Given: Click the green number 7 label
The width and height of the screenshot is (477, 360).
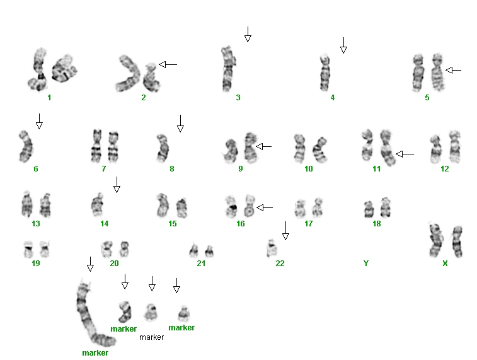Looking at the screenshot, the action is point(104,169).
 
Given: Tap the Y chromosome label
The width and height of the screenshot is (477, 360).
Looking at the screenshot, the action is point(366,264).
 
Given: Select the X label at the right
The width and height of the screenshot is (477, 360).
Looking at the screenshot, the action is point(445,264).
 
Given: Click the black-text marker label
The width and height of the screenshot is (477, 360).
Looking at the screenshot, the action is point(151,337).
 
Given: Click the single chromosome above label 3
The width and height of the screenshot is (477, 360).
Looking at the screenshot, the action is point(228,69).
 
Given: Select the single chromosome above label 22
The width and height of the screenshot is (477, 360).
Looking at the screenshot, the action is point(272,248).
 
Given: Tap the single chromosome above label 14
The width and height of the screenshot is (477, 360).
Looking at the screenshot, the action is point(98,205).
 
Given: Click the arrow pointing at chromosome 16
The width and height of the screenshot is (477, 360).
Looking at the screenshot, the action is point(265,208).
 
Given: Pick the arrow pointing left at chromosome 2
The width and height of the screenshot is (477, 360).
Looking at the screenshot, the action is point(168,64).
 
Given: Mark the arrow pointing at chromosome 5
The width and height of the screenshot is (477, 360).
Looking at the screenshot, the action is point(453,70).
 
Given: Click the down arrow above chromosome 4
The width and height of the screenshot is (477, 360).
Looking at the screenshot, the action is point(343,45).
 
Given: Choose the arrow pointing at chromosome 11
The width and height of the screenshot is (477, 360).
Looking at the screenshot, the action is point(405,154).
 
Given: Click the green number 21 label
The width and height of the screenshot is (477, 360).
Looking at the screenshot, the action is point(201,264).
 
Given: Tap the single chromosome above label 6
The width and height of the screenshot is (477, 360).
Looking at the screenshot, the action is point(26,147).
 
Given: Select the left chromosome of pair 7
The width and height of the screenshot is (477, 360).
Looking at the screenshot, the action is point(96,146).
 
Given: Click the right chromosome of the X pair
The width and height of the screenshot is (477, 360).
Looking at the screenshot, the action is point(457,242).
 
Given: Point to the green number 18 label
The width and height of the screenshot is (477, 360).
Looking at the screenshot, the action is point(377,224).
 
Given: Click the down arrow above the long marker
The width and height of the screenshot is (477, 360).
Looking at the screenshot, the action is point(90,264).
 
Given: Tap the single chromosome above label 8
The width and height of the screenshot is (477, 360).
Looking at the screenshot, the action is point(163,149).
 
